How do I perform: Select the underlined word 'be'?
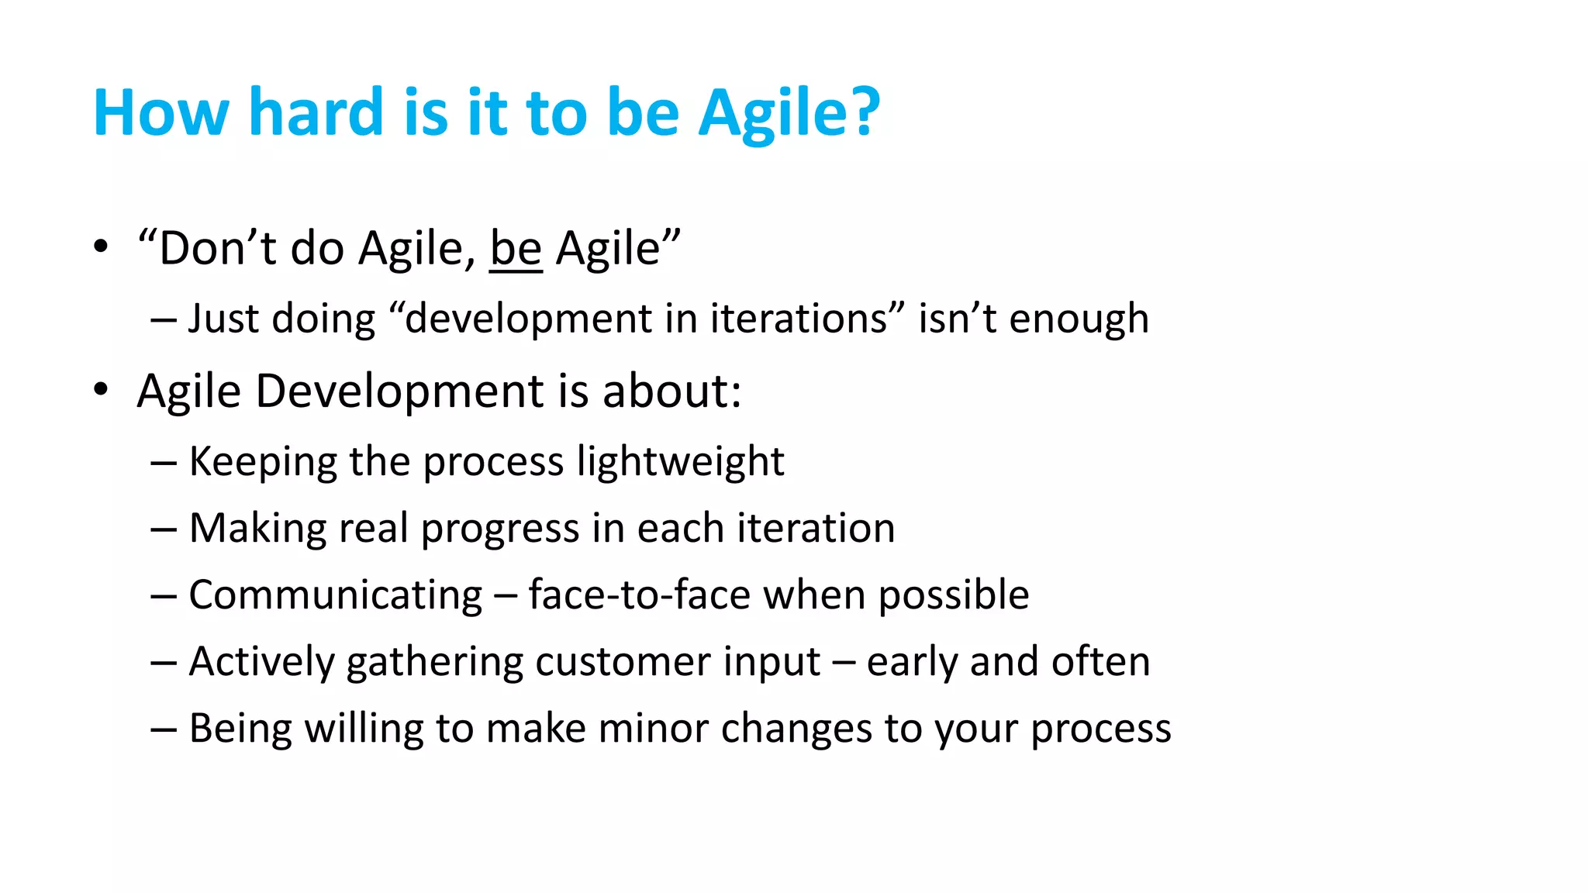click(516, 250)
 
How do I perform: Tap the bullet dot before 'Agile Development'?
click(101, 389)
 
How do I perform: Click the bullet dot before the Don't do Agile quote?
click(101, 247)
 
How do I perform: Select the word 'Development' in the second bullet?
click(400, 391)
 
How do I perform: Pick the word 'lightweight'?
click(680, 463)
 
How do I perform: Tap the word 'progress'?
click(499, 529)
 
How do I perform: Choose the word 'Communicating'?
click(336, 595)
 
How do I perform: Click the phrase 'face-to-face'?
click(639, 595)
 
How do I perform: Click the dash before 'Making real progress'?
click(164, 529)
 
